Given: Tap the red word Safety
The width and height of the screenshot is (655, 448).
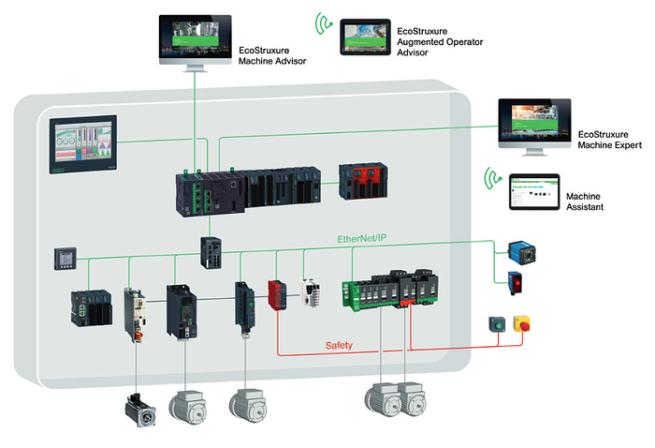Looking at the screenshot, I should tap(339, 346).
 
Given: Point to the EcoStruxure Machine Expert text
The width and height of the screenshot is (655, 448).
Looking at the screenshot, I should tap(609, 142).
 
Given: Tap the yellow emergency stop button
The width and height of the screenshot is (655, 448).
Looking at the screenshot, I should tap(521, 325).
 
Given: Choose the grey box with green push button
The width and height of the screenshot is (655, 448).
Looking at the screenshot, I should tap(495, 326).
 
